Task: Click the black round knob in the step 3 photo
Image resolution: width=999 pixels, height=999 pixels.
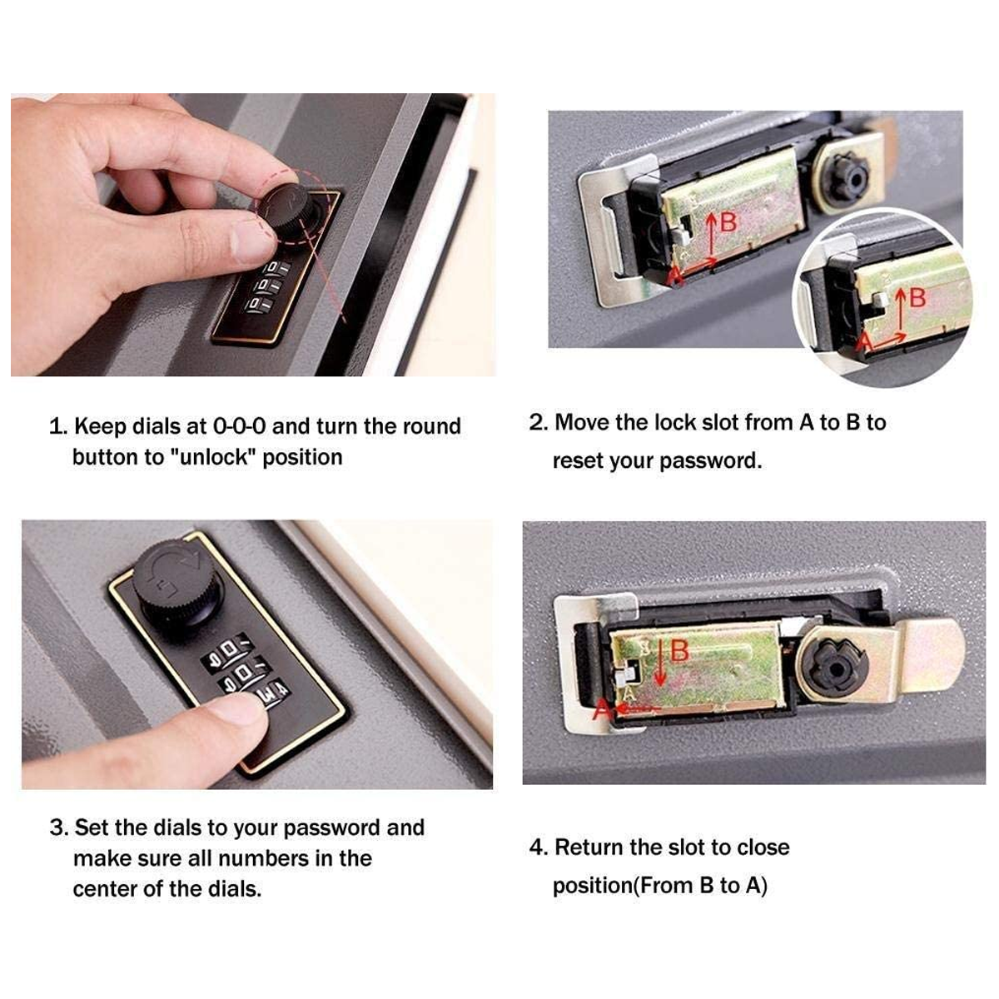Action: coord(178,584)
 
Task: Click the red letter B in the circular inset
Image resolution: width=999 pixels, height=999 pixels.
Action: coord(917,297)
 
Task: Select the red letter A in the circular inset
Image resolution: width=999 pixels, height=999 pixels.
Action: coord(864,341)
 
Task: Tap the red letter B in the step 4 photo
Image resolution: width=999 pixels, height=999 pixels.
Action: coord(679,651)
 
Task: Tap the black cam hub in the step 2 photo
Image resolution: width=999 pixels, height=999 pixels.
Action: coord(848,176)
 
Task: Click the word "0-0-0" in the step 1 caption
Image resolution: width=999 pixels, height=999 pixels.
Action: coord(239,426)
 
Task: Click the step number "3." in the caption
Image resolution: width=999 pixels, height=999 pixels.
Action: coord(59,828)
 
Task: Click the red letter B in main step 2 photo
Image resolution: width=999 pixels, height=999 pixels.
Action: coord(728,222)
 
